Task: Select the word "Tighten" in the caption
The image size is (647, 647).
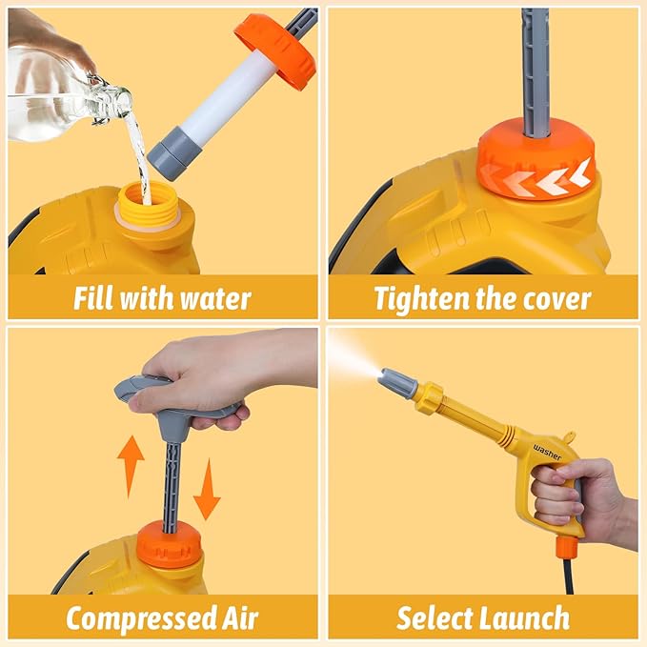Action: tap(428, 298)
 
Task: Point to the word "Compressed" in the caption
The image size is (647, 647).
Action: tap(139, 618)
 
